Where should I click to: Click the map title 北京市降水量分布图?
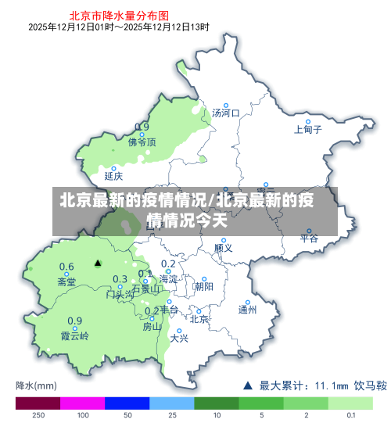(119, 14)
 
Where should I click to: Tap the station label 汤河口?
(226, 113)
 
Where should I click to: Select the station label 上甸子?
(307, 131)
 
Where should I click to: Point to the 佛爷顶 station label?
(142, 142)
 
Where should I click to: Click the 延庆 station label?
(113, 176)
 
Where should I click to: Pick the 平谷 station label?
(310, 239)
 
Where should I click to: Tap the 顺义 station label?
(224, 248)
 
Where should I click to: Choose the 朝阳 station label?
(203, 286)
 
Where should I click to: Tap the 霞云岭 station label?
(75, 337)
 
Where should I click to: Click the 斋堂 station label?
(67, 281)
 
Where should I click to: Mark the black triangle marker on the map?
(98, 263)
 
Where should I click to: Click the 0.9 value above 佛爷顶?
(142, 127)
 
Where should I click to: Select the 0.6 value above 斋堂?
(67, 267)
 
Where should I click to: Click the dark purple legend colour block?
(38, 403)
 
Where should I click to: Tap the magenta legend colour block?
(82, 403)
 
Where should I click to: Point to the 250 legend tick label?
(38, 415)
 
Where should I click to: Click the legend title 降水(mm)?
(36, 385)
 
